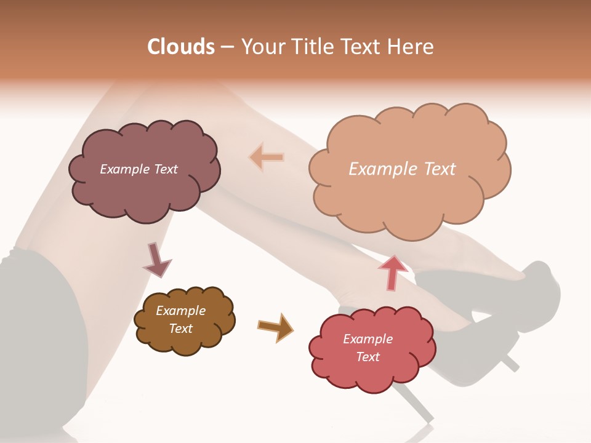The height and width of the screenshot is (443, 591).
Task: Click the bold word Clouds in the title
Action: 181,47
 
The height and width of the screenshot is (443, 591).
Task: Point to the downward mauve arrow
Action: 156,259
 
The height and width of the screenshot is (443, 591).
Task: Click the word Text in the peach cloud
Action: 436,169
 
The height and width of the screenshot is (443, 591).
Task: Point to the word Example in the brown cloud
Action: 181,311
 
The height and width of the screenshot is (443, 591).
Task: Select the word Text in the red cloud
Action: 368,357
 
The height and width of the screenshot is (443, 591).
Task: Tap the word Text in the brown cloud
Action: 181,329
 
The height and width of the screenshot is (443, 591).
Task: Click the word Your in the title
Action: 259,47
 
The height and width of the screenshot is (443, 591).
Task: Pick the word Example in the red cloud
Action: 368,339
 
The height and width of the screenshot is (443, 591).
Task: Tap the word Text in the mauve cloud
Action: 164,169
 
